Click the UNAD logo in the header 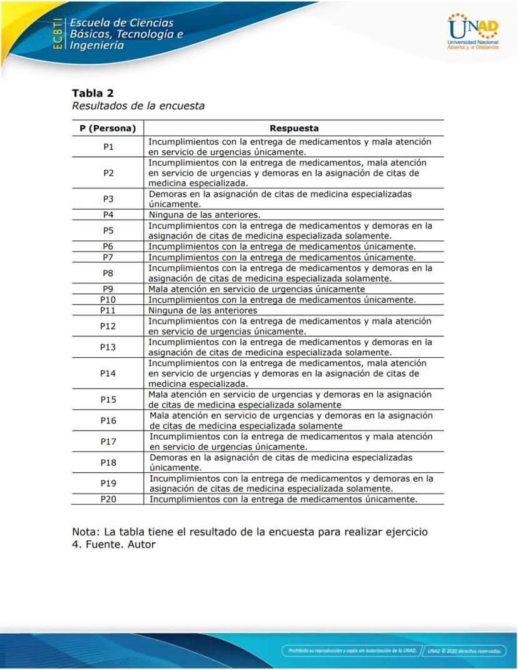coord(473,31)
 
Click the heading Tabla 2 coord(93,94)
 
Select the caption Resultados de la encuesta coord(138,106)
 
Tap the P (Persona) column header coord(108,128)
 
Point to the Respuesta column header coord(294,128)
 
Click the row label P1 coord(108,146)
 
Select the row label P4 coord(108,215)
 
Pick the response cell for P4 coord(204,215)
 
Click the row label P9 coord(108,289)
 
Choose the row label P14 coord(108,373)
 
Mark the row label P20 coord(108,499)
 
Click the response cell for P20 coord(283,499)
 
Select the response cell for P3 coord(280,199)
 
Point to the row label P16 coord(108,420)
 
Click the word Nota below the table coord(86,532)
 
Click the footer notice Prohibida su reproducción coord(352,651)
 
